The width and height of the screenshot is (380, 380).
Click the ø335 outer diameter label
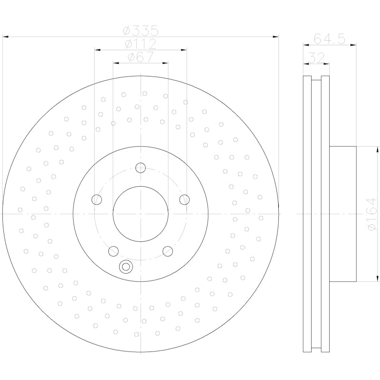click(140, 31)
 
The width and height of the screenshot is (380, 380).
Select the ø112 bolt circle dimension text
click(140, 44)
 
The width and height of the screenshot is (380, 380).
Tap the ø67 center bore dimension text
click(140, 57)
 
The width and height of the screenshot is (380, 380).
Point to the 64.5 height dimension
click(330, 38)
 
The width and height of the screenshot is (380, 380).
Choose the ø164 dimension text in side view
click(372, 214)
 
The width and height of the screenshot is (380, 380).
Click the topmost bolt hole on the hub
click(141, 168)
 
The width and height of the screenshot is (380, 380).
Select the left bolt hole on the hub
click(97, 199)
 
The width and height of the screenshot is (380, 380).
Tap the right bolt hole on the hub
click(184, 199)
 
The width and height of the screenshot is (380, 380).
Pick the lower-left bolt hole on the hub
click(114, 251)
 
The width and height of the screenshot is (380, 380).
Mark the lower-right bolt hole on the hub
click(168, 251)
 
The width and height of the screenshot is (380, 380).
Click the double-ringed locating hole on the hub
click(126, 267)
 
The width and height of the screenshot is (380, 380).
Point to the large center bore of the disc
click(141, 214)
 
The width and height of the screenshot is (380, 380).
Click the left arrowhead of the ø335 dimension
click(6, 36)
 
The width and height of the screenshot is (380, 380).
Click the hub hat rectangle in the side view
click(343, 214)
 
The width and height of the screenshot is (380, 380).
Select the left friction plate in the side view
click(307, 214)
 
